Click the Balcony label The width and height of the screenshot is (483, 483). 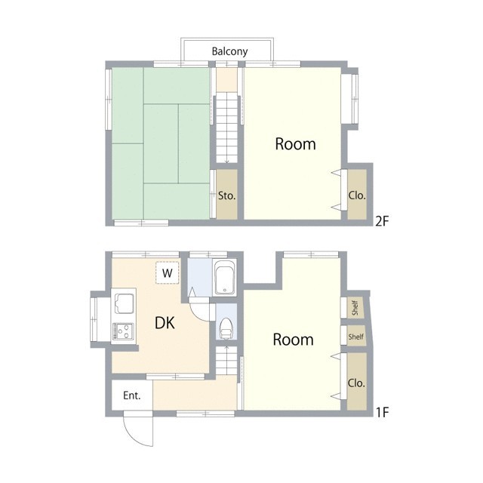pos(229,51)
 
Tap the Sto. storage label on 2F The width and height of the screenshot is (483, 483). pos(226,195)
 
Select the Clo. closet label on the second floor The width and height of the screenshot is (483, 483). pos(357,195)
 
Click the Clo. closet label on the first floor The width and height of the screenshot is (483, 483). pos(356,383)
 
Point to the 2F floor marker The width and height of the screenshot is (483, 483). pos(382,221)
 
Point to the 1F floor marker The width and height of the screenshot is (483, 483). pos(383,412)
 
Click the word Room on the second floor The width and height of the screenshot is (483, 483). pos(295,144)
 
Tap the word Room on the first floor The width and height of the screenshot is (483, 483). pos(294,340)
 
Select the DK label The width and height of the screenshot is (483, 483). pos(165,323)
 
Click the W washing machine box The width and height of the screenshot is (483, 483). pos(168,272)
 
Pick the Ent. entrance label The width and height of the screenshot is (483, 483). pos(132,395)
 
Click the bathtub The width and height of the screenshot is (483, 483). pos(225,278)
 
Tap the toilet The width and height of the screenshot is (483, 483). pos(226,328)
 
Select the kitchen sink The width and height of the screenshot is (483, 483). pos(124,303)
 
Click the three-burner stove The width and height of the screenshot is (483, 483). pos(123,331)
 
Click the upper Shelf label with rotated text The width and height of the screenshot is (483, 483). pos(355,307)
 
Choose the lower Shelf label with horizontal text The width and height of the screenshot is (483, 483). pos(355,337)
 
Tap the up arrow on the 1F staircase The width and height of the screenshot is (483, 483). pos(226,349)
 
